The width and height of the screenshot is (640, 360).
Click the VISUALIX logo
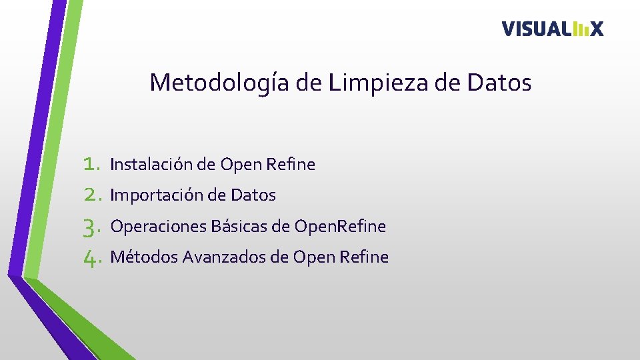coord(553,29)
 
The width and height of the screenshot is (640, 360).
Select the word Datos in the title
coord(500,83)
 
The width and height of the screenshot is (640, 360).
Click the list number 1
coord(91,164)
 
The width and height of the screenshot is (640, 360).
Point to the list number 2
coord(91,195)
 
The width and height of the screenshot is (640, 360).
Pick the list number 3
coord(91,227)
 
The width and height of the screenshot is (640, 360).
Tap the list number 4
coord(91,258)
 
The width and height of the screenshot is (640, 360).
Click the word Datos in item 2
coord(253,195)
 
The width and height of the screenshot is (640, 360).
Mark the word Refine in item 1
coord(291,164)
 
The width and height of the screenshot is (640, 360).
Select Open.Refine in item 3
coord(340,227)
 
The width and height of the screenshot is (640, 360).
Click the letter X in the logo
coord(596,29)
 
